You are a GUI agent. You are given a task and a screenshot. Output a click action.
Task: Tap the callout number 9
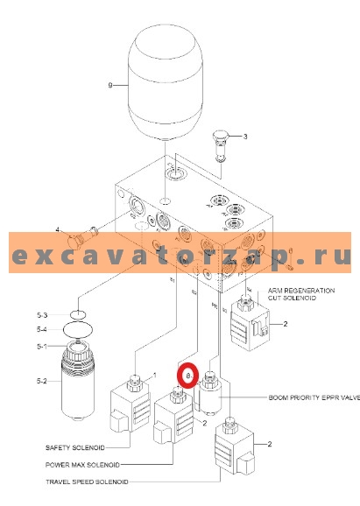(110, 85)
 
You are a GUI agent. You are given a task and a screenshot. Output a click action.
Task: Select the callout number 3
(245, 137)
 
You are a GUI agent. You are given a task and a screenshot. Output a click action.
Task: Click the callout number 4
(58, 230)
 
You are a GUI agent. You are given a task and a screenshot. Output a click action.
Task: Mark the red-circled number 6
(186, 374)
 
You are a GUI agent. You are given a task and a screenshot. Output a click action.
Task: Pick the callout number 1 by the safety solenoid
(154, 376)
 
